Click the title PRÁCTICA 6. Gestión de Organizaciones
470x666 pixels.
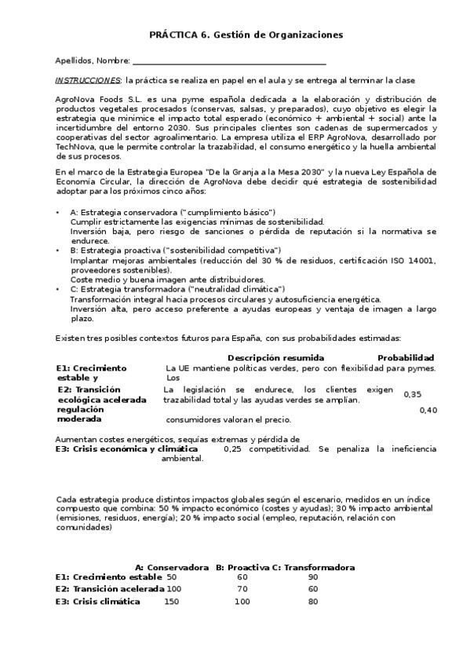coord(246,35)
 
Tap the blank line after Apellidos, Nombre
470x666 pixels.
coord(229,61)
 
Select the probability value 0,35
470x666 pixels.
coord(412,394)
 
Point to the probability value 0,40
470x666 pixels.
coord(428,410)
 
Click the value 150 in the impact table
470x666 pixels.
coord(171,602)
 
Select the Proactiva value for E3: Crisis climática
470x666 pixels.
coord(242,602)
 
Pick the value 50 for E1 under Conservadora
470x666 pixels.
coord(172,576)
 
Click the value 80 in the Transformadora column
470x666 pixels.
coord(313,602)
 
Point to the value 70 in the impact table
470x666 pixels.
coord(242,589)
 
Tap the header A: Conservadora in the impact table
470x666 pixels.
coord(172,567)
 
